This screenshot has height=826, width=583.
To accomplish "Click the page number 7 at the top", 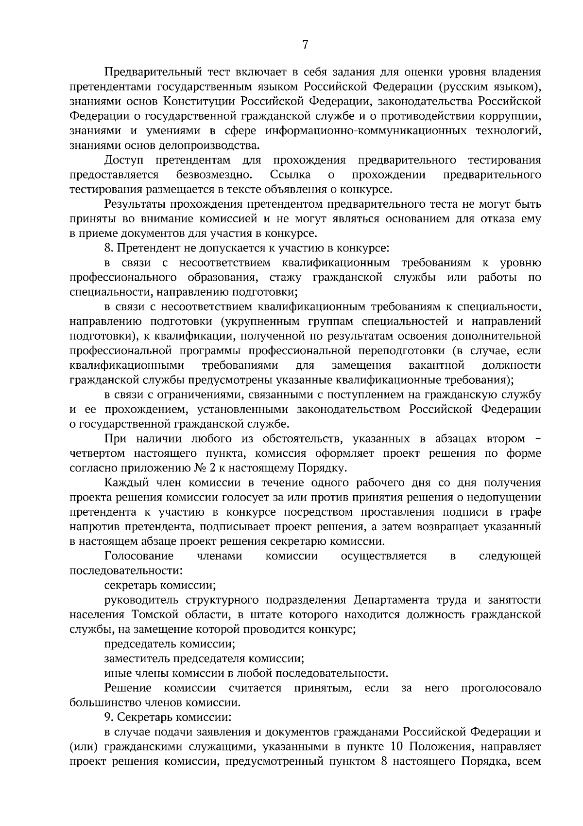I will point(305,45).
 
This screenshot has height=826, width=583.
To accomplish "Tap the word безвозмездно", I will point(214,175).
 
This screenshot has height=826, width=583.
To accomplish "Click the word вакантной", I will point(436,365).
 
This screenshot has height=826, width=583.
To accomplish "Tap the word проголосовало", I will point(501,688).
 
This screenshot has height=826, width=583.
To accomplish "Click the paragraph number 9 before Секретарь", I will point(108,718).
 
